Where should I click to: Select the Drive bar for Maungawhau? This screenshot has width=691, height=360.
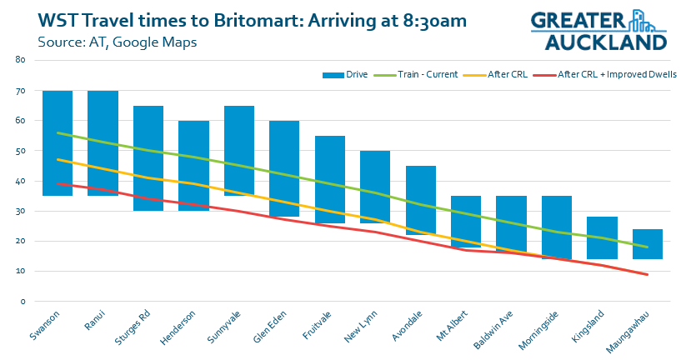click(648, 244)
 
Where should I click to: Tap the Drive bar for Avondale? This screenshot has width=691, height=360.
click(421, 200)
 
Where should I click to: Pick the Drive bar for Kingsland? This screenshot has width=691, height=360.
click(602, 237)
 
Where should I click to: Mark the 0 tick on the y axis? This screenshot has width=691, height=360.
click(23, 301)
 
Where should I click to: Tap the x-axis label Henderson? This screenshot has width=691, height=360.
click(178, 325)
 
